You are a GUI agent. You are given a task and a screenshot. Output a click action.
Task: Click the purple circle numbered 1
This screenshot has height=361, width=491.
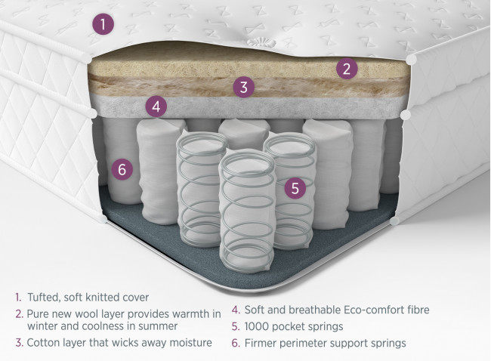tap(103, 24)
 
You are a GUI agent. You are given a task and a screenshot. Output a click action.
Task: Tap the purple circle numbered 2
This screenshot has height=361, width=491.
tap(347, 69)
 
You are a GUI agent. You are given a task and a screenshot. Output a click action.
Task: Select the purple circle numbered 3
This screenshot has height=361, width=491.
tap(244, 87)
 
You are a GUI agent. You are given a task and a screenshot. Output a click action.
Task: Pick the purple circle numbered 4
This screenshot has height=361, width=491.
tap(156, 106)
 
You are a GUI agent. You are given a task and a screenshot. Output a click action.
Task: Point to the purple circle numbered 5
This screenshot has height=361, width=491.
tap(295, 188)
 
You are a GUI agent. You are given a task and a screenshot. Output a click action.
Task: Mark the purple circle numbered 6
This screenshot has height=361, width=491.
tap(122, 169)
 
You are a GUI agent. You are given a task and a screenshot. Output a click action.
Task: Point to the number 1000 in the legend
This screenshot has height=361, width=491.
tap(257, 326)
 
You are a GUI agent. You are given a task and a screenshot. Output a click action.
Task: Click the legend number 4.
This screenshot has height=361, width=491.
tap(236, 310)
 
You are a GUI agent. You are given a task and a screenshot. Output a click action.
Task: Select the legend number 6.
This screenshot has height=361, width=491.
tap(236, 343)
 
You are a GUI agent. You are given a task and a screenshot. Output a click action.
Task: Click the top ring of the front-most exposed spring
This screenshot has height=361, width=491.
tap(247, 164)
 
